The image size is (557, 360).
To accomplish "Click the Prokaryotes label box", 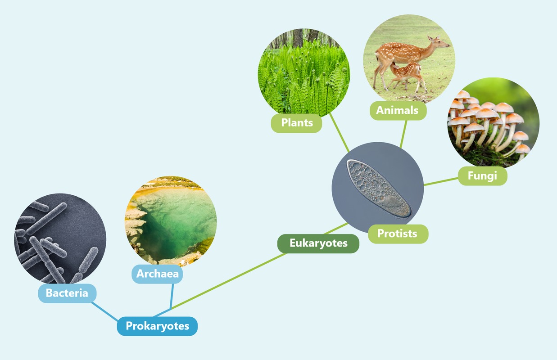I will point(157,326).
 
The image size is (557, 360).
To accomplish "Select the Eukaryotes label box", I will point(318,243).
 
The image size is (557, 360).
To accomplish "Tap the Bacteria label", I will point(67,293).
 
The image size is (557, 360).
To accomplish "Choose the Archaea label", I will point(157,274).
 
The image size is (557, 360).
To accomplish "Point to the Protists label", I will point(397,234).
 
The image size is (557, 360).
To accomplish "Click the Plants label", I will point(296,122).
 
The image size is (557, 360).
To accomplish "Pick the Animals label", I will point(397,110).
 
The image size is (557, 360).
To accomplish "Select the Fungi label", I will point(482,175).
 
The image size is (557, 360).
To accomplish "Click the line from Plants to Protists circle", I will point(339,132).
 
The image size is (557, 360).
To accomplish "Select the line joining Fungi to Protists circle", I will point(441,181).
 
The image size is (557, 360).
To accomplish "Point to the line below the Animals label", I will point(403,134).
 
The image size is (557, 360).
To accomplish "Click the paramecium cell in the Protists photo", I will point(378,189).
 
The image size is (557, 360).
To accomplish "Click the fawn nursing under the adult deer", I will point(408,72).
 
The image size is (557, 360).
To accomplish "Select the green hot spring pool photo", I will point(171,221).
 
